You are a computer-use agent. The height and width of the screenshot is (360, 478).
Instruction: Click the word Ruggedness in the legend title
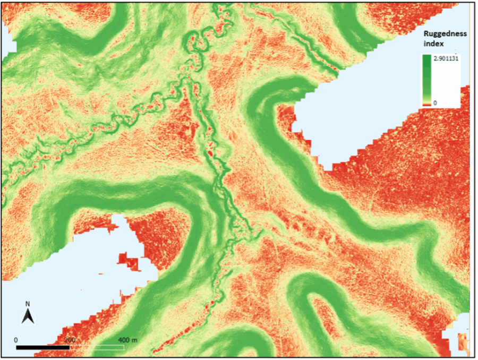click(x=445, y=33)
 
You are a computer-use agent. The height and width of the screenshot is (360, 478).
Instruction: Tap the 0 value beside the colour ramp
click(x=436, y=102)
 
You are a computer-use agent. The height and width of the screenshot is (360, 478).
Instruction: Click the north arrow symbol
click(x=28, y=317)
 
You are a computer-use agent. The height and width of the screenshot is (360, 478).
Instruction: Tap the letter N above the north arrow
click(x=28, y=304)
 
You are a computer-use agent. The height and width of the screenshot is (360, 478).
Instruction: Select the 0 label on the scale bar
click(x=16, y=339)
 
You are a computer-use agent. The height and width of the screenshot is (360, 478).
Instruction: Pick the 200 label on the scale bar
click(x=69, y=339)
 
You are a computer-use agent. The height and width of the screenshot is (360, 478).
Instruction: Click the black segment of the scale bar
click(x=42, y=347)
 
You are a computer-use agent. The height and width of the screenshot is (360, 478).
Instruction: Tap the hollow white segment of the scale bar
click(x=97, y=347)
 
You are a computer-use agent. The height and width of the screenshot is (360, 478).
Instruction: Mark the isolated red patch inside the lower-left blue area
click(x=127, y=262)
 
